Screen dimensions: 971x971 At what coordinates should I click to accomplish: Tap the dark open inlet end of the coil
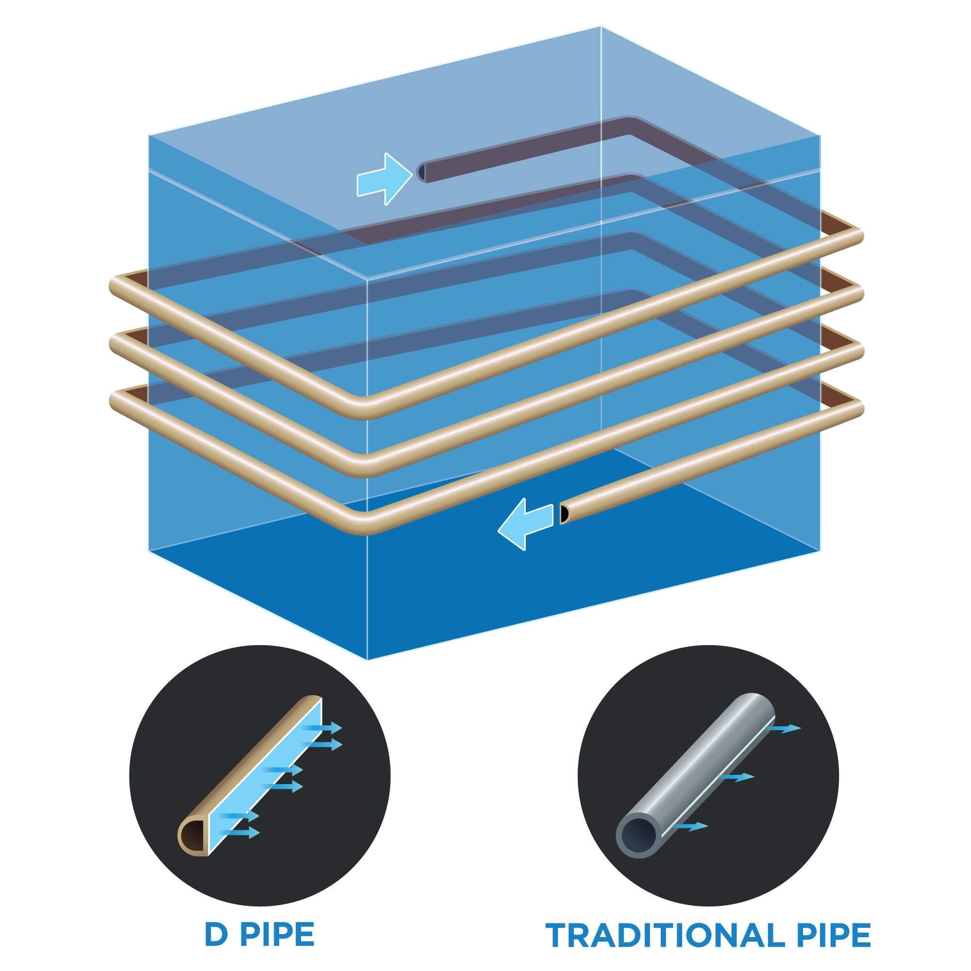(421, 172)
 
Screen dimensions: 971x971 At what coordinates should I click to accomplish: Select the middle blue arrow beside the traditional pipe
(739, 777)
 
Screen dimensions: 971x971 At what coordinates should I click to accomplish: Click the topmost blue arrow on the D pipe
(327, 727)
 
